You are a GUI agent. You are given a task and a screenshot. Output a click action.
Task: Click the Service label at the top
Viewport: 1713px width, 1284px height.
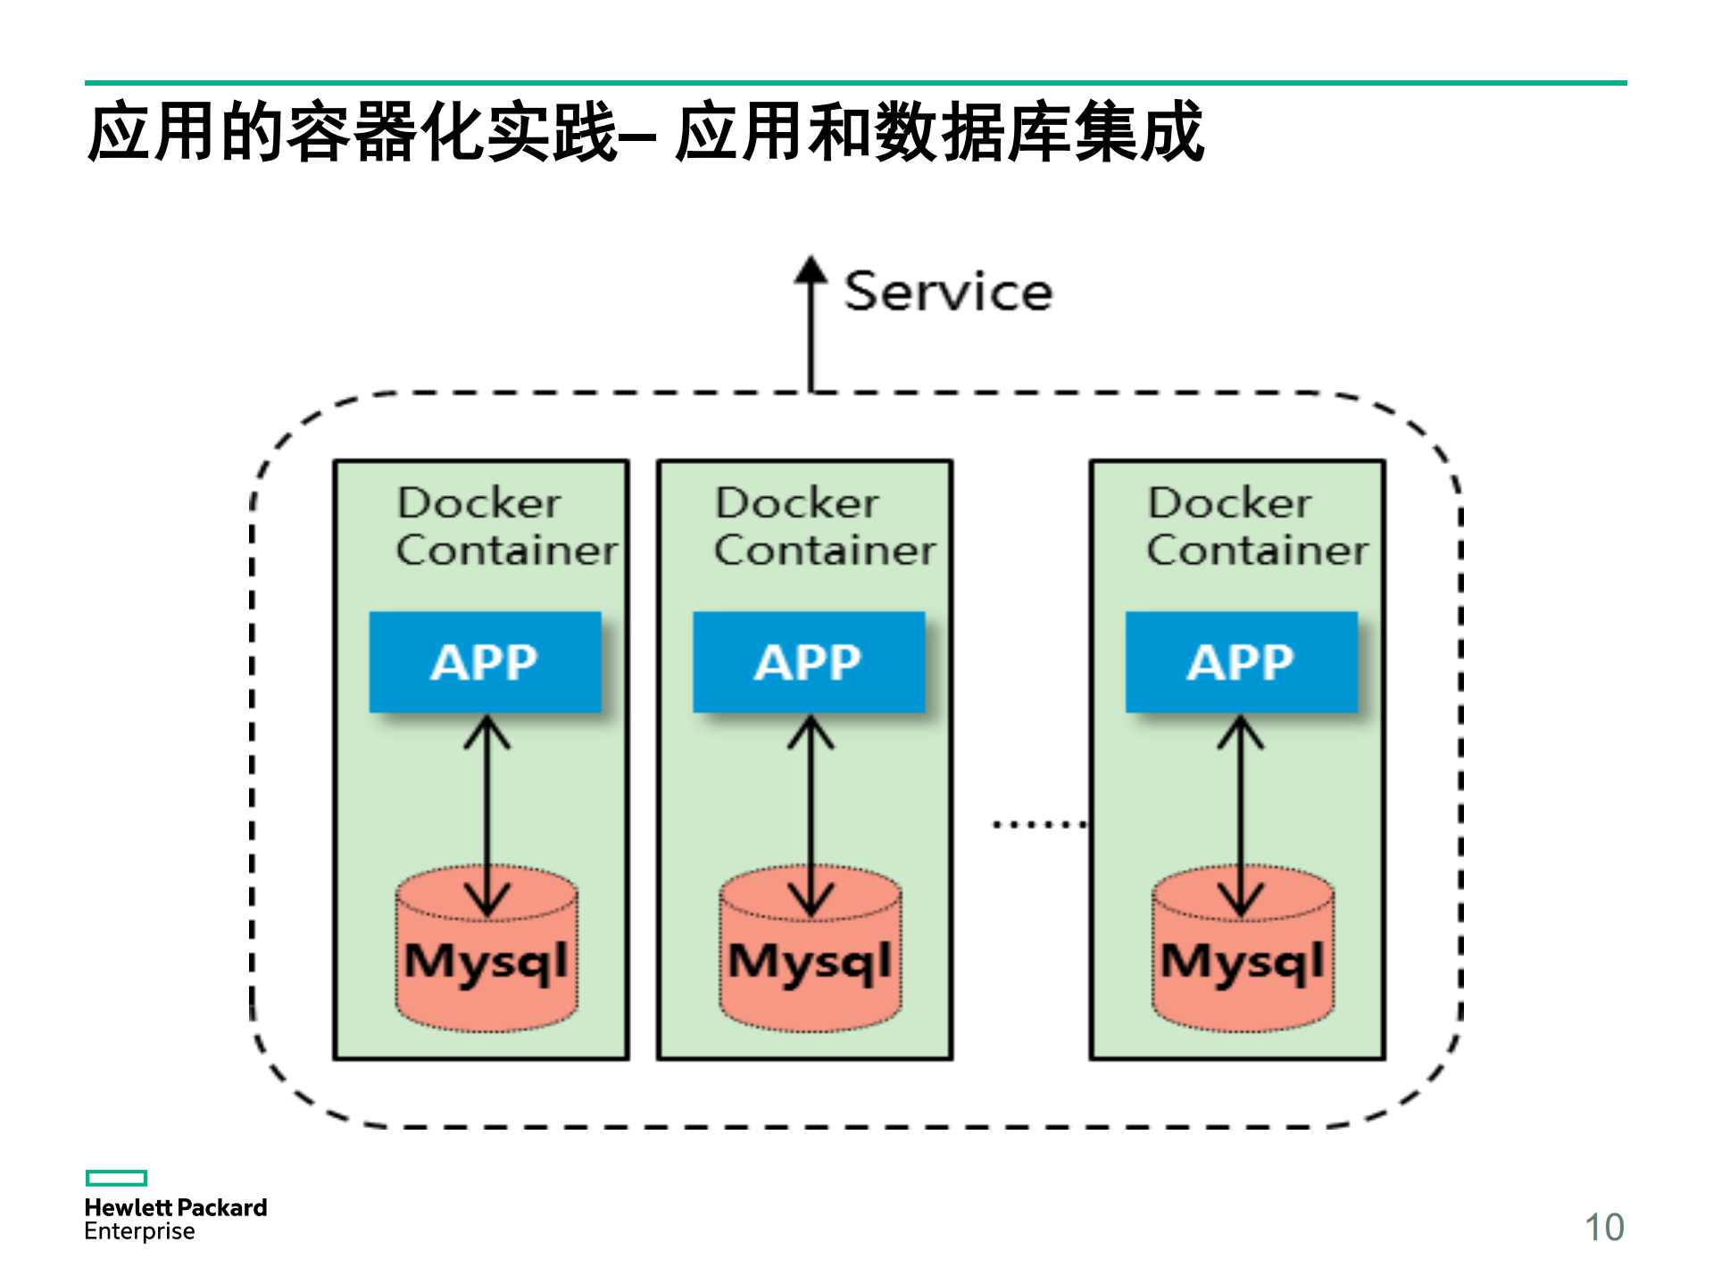[948, 292]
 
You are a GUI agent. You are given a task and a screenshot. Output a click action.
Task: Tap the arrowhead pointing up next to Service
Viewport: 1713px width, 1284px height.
[811, 270]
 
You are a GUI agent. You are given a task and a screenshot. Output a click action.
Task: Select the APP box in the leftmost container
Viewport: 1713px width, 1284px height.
[485, 662]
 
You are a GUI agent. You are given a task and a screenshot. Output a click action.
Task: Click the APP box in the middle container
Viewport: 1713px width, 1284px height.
[809, 662]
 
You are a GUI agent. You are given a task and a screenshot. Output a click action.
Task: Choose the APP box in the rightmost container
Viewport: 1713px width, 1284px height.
[1241, 662]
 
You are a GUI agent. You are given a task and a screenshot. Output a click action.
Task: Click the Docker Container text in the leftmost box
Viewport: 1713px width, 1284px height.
[505, 526]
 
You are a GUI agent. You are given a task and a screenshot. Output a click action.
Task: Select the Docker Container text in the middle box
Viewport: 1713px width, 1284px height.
[824, 526]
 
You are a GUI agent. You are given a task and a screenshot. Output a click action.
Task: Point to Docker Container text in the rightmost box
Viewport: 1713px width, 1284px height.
[1256, 526]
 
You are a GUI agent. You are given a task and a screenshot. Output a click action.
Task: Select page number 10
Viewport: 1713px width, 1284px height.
[1603, 1228]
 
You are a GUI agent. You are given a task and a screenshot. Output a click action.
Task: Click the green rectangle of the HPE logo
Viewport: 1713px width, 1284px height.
[116, 1178]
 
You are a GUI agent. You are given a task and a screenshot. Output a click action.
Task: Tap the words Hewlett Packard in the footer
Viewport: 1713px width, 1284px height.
[176, 1207]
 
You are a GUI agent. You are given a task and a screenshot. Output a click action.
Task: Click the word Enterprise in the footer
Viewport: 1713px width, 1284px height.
[139, 1231]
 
